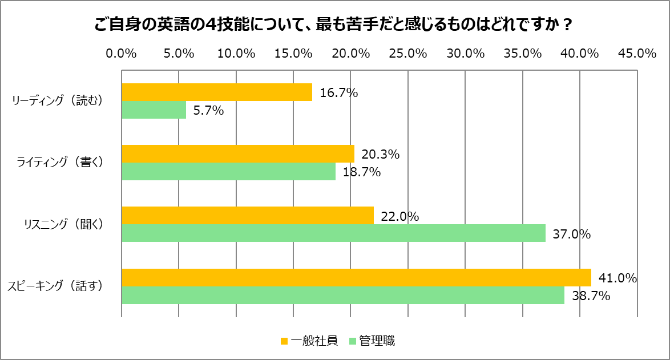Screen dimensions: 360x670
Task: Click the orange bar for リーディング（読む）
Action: [x=217, y=92]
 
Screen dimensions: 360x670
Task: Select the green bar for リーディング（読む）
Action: [x=154, y=110]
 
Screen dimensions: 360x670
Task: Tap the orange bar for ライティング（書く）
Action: [x=238, y=153]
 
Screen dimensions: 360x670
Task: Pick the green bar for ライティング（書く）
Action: [x=228, y=172]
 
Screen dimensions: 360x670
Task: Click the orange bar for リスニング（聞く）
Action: [x=248, y=216]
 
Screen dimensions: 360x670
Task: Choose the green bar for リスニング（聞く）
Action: [x=333, y=233]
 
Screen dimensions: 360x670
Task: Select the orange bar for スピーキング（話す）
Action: [x=356, y=277]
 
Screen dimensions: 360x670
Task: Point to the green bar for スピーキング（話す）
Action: [x=343, y=296]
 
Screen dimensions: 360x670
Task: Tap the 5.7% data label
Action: [x=208, y=111]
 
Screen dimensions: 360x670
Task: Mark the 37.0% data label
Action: [x=571, y=234]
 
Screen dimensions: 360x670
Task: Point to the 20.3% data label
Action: [x=380, y=155]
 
